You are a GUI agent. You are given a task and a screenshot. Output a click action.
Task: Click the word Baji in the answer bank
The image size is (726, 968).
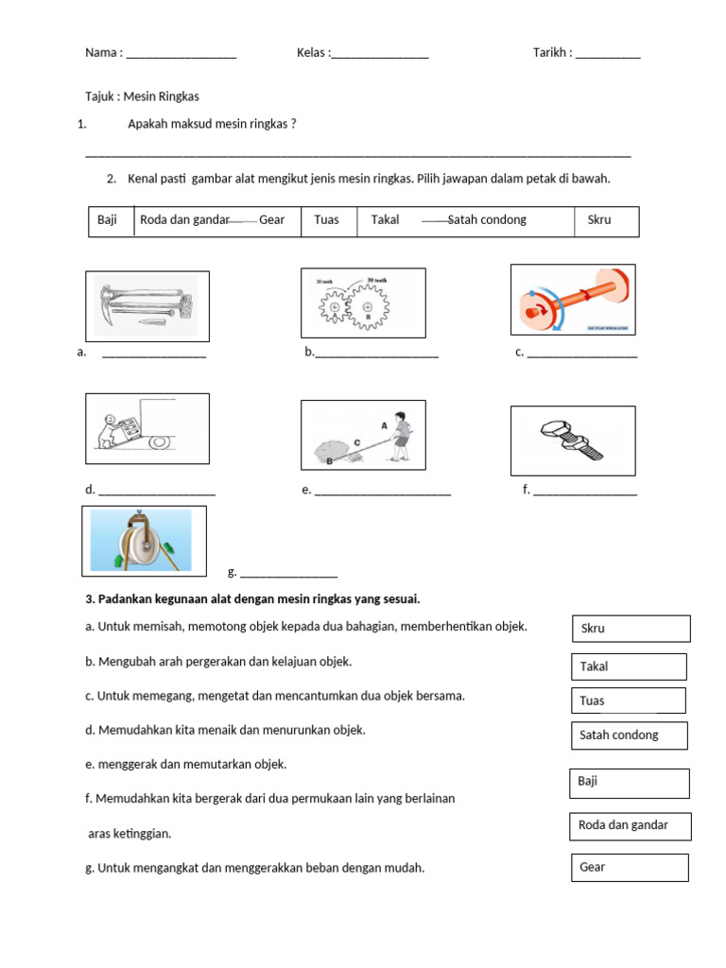(107, 220)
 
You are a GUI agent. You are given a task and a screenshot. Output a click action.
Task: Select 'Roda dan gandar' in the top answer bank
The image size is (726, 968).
(185, 220)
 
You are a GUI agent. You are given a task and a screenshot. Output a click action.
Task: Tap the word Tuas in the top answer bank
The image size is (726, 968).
(326, 220)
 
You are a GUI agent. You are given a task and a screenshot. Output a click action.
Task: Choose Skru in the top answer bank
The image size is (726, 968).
(599, 220)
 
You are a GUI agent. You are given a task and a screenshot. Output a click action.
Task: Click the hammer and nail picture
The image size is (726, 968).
(147, 306)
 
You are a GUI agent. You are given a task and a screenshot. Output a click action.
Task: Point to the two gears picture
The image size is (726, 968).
(363, 303)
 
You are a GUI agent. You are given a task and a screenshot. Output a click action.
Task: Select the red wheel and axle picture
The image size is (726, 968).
(573, 300)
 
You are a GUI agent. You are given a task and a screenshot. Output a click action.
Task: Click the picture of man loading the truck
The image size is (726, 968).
(147, 427)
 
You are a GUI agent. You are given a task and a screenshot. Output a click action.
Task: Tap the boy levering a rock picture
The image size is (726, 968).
(363, 435)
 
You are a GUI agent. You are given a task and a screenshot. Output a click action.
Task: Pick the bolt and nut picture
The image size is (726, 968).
(573, 441)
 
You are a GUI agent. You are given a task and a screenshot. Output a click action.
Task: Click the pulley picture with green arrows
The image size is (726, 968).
(144, 541)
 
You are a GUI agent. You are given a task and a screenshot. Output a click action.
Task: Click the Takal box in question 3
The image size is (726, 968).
(629, 666)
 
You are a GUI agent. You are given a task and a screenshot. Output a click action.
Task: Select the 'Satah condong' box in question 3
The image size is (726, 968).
(629, 735)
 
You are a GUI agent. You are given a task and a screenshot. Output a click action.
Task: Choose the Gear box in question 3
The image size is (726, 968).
(630, 868)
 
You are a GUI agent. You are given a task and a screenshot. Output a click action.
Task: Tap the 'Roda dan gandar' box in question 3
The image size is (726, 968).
(630, 826)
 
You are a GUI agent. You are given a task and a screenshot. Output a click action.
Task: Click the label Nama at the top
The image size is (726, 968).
(102, 53)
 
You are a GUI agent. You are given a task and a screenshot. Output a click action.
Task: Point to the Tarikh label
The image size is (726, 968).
(551, 53)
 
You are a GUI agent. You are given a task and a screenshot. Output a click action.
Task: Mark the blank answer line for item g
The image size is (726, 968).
(288, 574)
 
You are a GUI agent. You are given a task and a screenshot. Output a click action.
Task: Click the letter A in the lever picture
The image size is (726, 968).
(384, 426)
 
